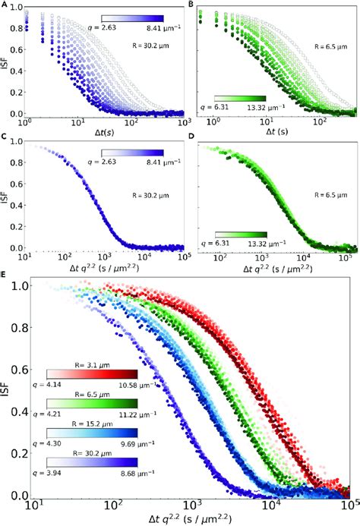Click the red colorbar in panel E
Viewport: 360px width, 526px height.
tap(92, 373)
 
